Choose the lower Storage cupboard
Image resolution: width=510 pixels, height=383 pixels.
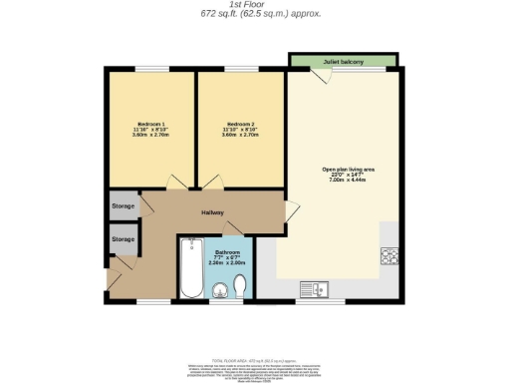pyautogui.click(x=124, y=239)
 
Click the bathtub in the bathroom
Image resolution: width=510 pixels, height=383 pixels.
pyautogui.click(x=191, y=268)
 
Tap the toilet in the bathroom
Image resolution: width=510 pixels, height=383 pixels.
pyautogui.click(x=240, y=288)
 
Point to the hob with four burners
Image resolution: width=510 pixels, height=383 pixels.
pyautogui.click(x=388, y=255)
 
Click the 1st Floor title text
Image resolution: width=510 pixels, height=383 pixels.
pyautogui.click(x=256, y=5)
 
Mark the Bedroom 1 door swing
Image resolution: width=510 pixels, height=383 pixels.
pyautogui.click(x=178, y=182)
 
